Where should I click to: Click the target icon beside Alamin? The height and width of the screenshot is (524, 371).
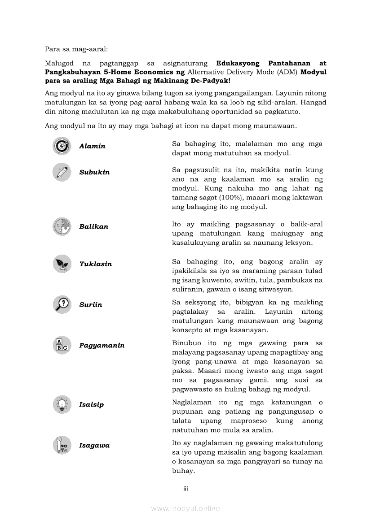point(62,146)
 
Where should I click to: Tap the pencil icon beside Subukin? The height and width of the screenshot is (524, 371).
point(62,172)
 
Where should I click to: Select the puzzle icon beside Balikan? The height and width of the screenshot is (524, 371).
point(62,227)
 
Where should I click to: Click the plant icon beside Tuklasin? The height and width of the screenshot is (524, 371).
point(62,264)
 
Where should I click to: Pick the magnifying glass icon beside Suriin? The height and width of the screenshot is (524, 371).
point(62,304)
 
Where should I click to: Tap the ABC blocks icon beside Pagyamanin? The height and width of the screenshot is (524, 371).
point(62,345)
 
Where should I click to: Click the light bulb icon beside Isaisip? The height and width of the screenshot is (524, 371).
point(62,404)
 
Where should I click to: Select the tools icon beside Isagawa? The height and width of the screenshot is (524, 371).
point(62,445)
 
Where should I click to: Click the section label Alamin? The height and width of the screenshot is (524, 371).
point(92,146)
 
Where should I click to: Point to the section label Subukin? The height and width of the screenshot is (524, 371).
point(94,172)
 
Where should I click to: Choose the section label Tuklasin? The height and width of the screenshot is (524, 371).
point(96,264)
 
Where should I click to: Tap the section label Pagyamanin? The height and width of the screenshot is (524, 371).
point(102,346)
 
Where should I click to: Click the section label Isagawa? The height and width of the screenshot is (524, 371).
point(94,446)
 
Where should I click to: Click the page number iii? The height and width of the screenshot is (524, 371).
point(185,488)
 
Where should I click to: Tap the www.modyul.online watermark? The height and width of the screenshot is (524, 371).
point(185,508)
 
